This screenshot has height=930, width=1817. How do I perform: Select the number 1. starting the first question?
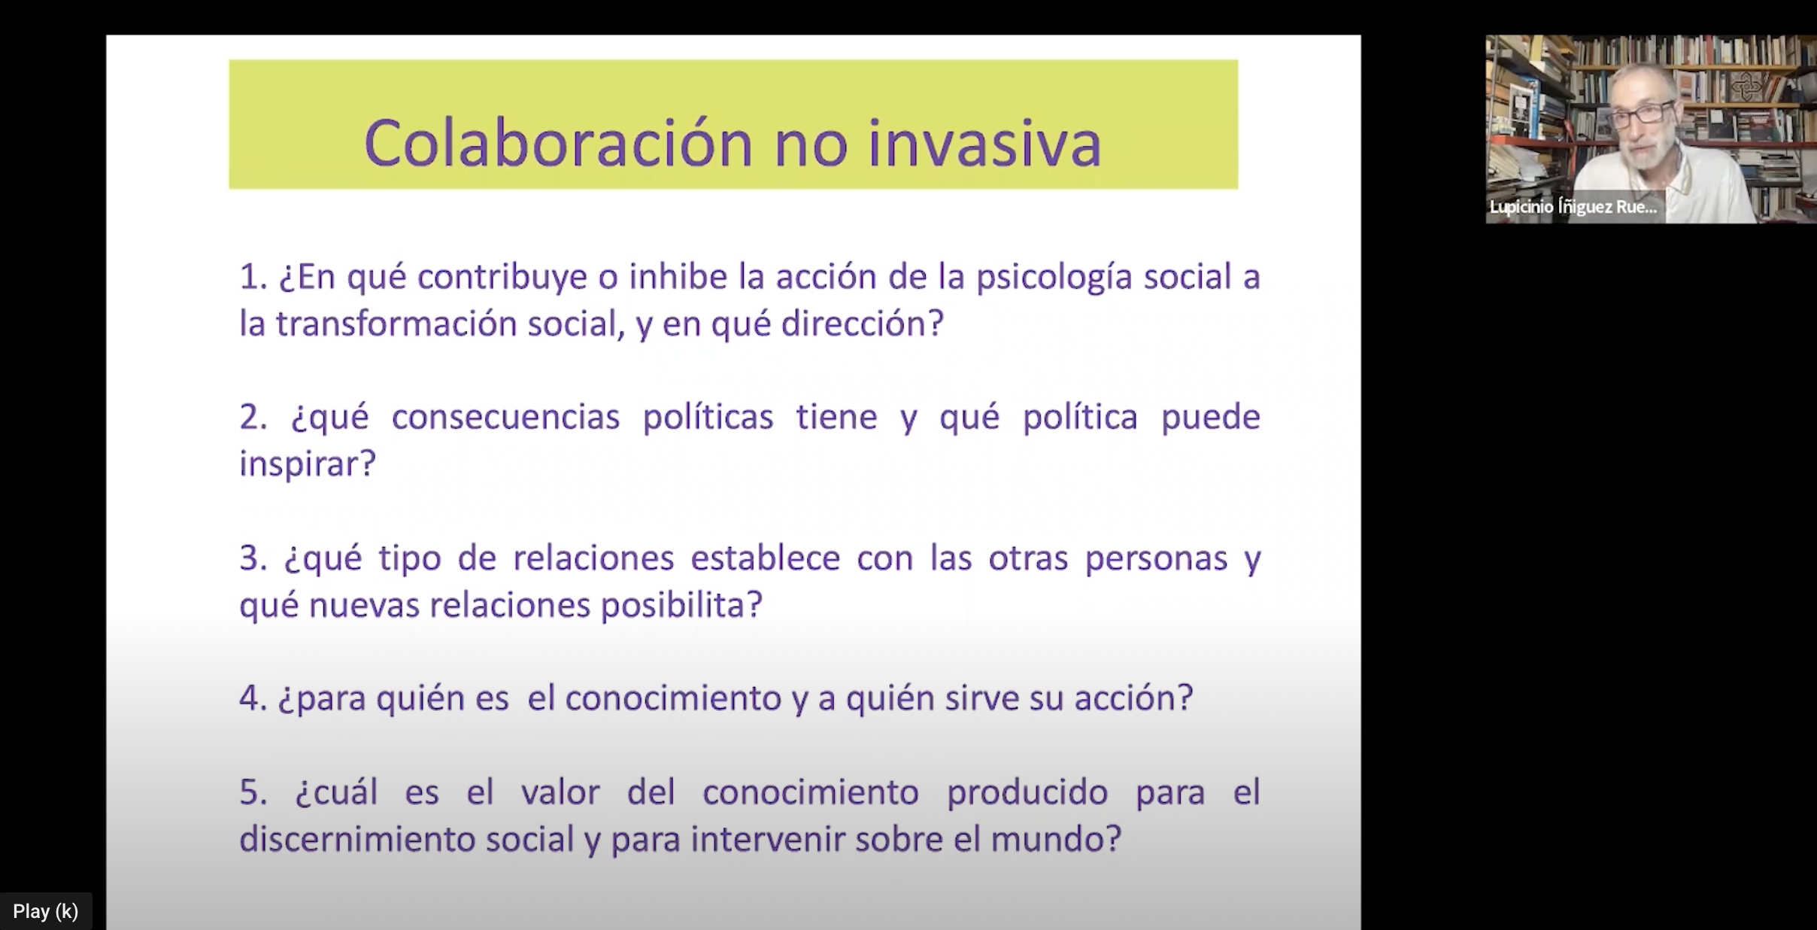pyautogui.click(x=253, y=277)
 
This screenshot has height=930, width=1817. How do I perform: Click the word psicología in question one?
pyautogui.click(x=1054, y=278)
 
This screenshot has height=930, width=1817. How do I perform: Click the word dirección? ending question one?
pyautogui.click(x=862, y=324)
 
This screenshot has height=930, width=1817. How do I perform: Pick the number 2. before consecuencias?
pyautogui.click(x=253, y=417)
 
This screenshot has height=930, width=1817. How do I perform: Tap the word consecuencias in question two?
pyautogui.click(x=505, y=417)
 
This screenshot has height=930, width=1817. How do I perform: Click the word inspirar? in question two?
pyautogui.click(x=307, y=463)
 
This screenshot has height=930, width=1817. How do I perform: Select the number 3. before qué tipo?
pyautogui.click(x=253, y=558)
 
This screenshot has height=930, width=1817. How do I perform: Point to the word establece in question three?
pyautogui.click(x=765, y=558)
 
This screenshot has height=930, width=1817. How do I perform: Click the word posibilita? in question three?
pyautogui.click(x=681, y=605)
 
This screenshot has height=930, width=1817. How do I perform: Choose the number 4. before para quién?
pyautogui.click(x=253, y=698)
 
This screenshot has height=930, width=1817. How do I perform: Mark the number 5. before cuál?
pyautogui.click(x=253, y=792)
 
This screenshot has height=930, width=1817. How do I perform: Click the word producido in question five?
pyautogui.click(x=1027, y=793)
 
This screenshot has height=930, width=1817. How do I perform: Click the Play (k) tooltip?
pyautogui.click(x=46, y=911)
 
